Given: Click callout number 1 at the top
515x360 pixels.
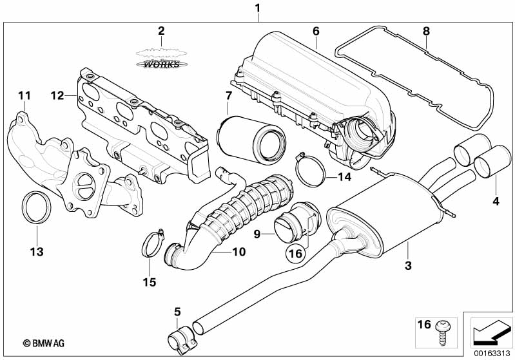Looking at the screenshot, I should pyautogui.click(x=258, y=8).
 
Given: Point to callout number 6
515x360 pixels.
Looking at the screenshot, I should pyautogui.click(x=316, y=31).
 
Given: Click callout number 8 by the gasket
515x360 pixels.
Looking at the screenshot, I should pyautogui.click(x=425, y=31).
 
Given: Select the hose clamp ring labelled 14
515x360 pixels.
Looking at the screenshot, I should pyautogui.click(x=311, y=167).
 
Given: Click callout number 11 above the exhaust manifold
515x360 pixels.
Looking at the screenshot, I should pyautogui.click(x=24, y=96).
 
